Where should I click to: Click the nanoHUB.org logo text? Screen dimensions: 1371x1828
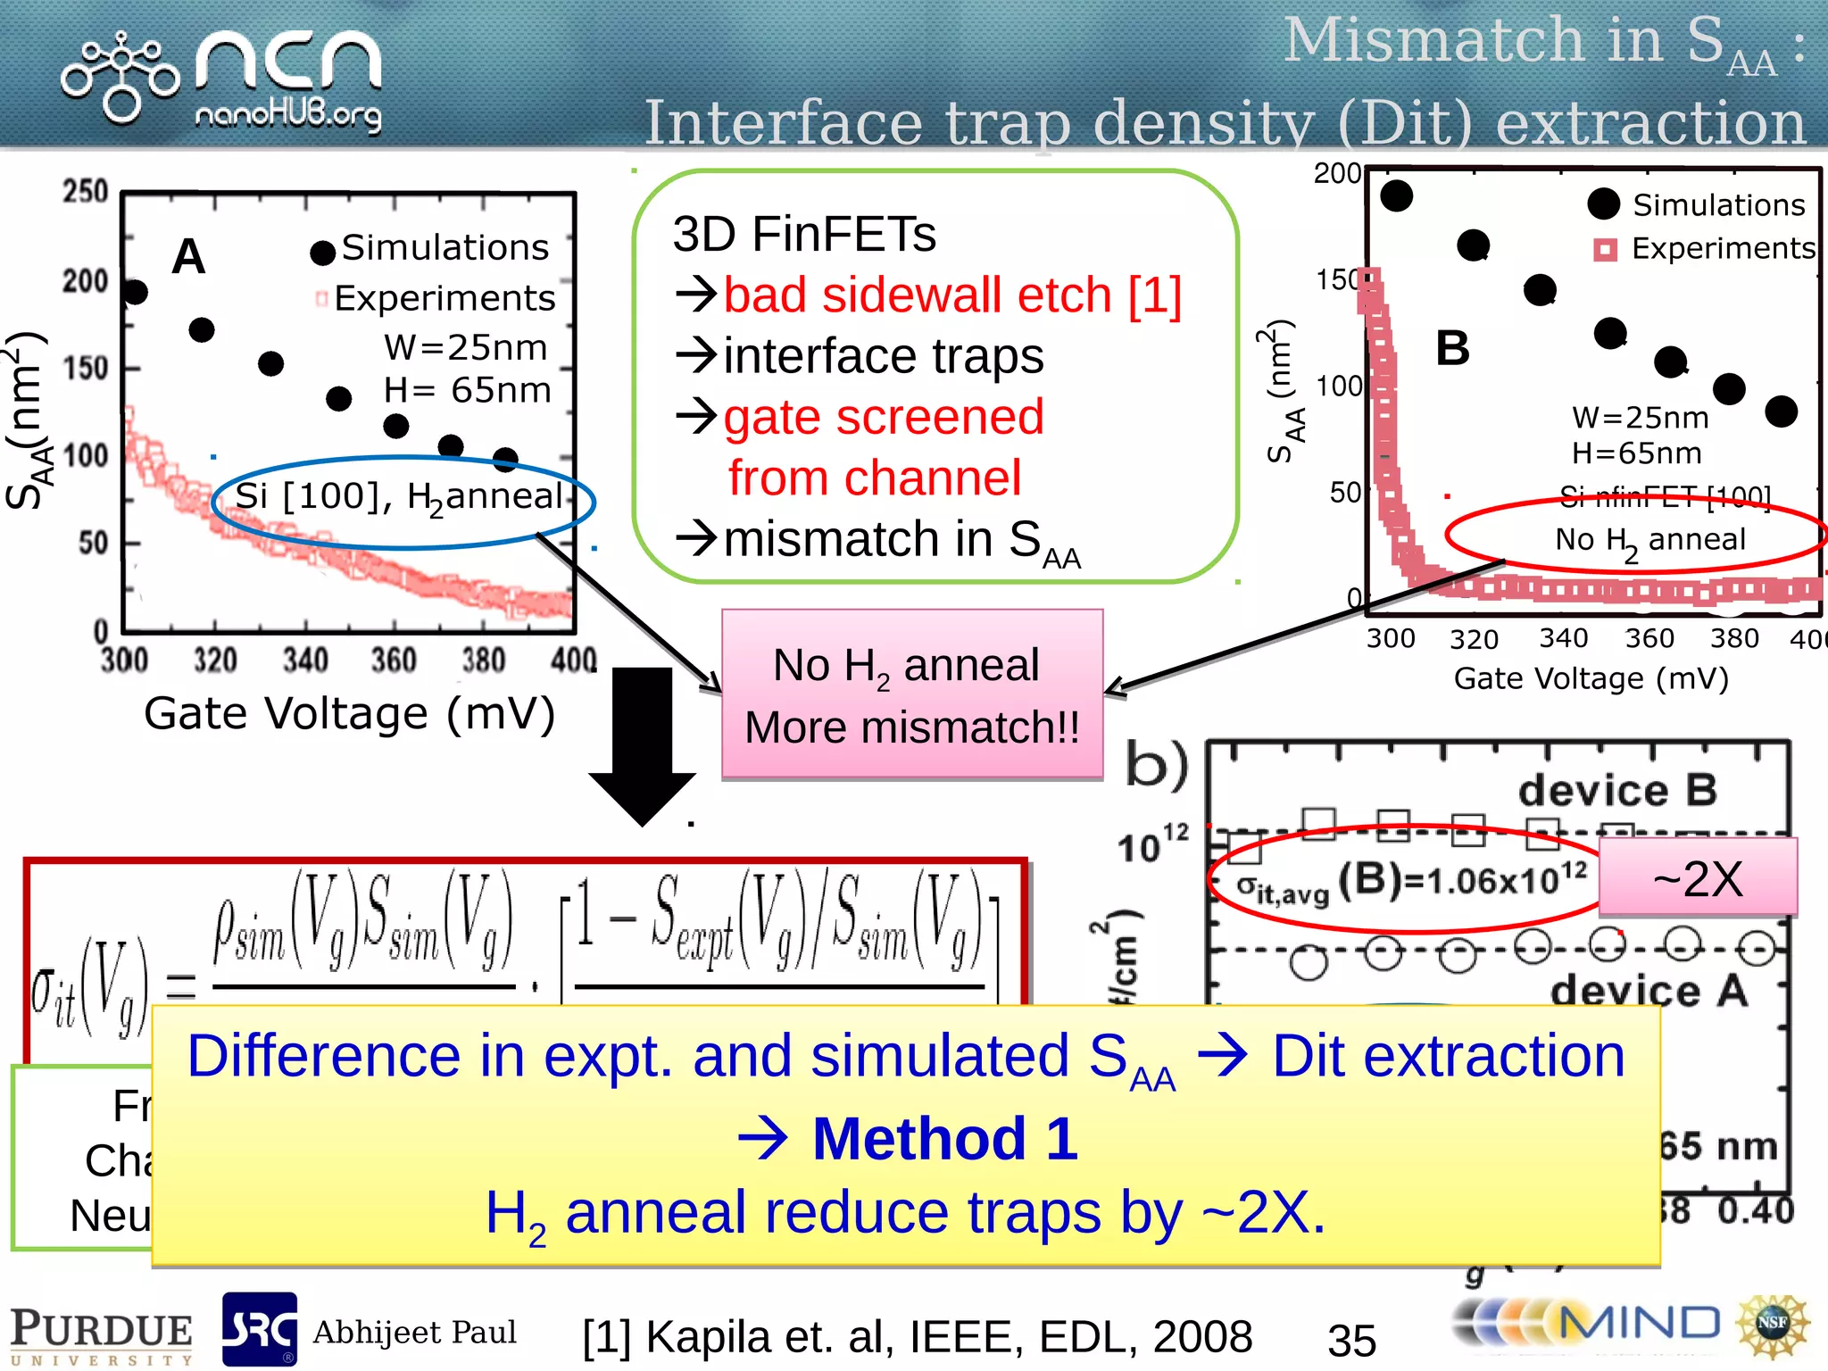tap(287, 115)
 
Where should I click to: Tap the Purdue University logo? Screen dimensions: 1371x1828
tap(101, 1335)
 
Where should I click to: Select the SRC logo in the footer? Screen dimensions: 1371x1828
tap(259, 1328)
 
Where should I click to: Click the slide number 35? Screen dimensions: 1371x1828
tap(1351, 1340)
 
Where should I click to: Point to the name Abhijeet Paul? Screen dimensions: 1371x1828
tap(414, 1332)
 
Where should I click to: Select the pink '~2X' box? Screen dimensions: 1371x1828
tap(1697, 878)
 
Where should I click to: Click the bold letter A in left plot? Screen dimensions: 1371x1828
tap(188, 257)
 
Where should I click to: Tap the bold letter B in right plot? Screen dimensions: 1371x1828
tap(1452, 348)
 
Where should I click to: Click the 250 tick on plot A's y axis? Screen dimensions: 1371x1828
tap(86, 191)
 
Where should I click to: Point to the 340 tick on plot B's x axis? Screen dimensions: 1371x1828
tap(1563, 638)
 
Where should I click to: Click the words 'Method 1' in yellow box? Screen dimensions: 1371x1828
tap(944, 1139)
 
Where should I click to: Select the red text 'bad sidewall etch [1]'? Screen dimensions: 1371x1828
tap(951, 295)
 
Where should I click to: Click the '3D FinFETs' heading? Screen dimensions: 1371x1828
tap(803, 234)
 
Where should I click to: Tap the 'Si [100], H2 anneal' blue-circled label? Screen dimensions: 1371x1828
tap(398, 497)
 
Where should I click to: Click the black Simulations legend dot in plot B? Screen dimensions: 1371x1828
tap(1603, 204)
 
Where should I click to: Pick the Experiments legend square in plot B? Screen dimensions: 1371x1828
tap(1605, 249)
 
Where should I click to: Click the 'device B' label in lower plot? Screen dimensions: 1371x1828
tap(1617, 790)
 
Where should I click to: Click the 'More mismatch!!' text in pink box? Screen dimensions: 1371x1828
tap(911, 727)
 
